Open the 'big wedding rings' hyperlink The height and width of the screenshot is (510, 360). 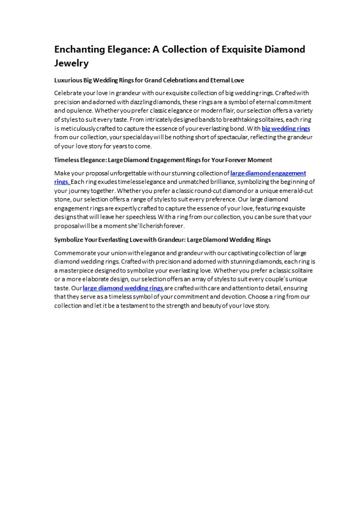286,129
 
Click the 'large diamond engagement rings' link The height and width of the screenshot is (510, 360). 268,173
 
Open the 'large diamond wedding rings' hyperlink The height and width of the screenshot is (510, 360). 123,288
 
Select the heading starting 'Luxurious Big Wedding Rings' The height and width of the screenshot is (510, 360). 149,80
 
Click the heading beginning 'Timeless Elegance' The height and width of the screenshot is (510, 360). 163,160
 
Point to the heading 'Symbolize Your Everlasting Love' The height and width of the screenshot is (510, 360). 162,240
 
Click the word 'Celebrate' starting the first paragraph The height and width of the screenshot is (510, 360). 68,93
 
